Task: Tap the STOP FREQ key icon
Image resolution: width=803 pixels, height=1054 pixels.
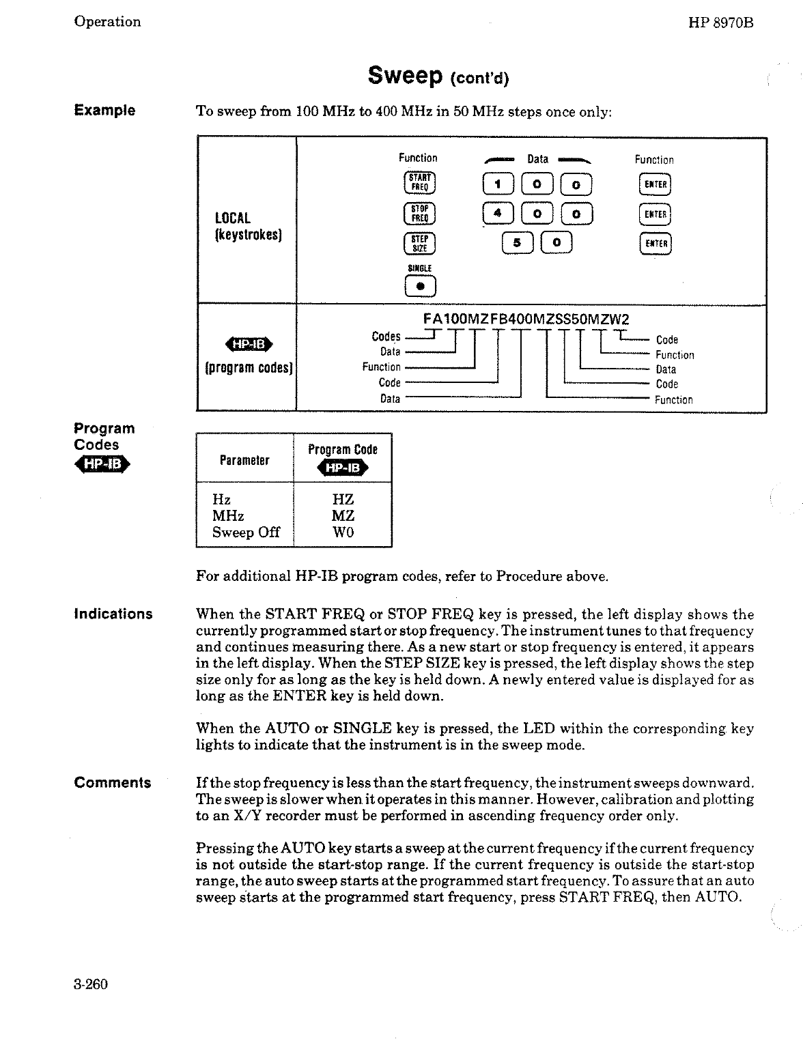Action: click(x=418, y=214)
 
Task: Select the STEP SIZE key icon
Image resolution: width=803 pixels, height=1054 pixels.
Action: click(x=418, y=244)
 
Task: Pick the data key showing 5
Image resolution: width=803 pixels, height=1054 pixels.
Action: click(x=517, y=243)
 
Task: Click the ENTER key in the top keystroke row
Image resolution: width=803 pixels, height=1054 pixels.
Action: click(x=655, y=184)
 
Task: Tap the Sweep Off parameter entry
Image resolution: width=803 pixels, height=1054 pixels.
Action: click(x=246, y=532)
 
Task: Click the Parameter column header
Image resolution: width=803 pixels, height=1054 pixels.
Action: click(x=244, y=460)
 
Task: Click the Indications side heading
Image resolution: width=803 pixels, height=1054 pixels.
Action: click(x=113, y=614)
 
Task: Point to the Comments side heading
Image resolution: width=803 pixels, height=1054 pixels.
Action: click(x=113, y=783)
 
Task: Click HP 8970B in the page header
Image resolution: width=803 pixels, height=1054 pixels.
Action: click(x=723, y=22)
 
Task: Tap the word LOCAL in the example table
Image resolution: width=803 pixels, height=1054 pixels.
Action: click(x=233, y=218)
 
